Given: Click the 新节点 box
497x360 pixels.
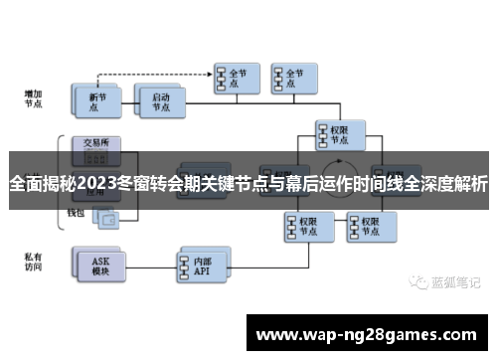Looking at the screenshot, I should [95, 100].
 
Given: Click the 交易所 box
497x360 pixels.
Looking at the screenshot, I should [95, 141].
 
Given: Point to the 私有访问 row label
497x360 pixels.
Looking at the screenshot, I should [33, 262].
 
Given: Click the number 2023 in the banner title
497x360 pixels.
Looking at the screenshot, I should [95, 184].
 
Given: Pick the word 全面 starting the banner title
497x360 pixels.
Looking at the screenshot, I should [26, 184].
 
